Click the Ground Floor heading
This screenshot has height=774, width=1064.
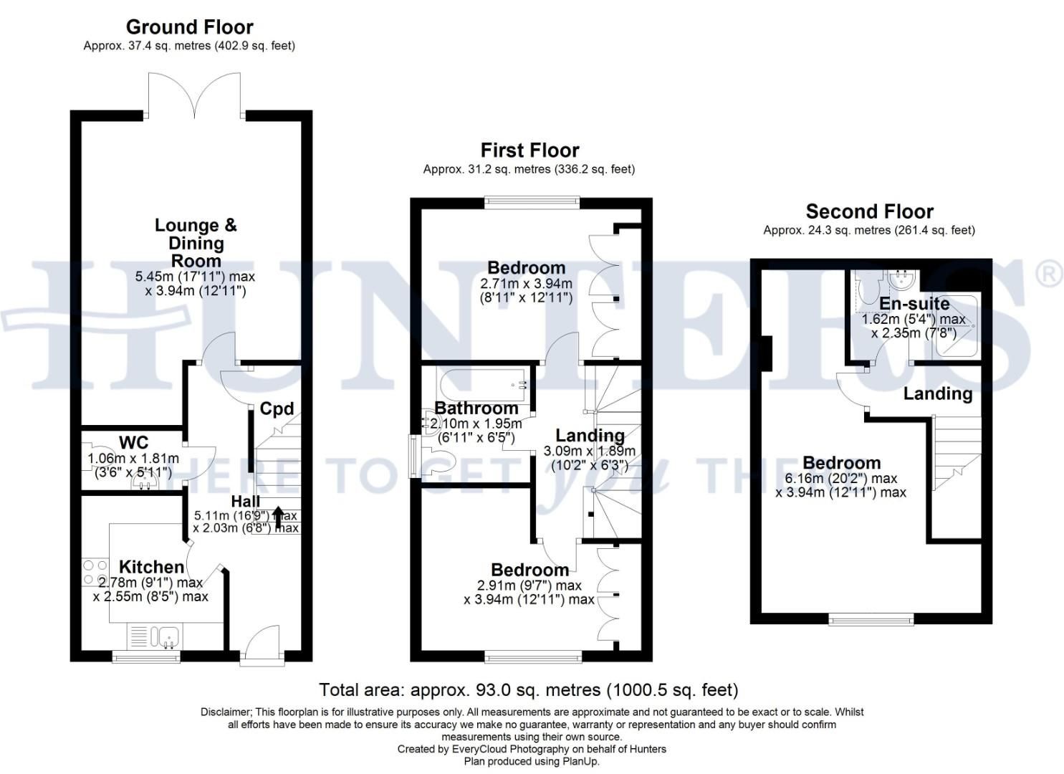[190, 27]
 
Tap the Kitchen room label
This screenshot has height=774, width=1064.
[151, 567]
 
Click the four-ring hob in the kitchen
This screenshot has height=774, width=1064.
[95, 573]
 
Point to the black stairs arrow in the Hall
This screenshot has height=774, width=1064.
[278, 518]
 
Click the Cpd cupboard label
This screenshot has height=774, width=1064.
[277, 408]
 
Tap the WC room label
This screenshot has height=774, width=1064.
[133, 442]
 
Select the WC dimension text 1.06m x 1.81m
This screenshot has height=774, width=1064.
[133, 459]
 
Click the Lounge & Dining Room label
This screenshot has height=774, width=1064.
[196, 243]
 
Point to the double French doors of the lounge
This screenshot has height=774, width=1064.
[195, 95]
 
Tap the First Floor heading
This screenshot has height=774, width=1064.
[529, 150]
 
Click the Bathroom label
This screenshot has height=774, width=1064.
[476, 408]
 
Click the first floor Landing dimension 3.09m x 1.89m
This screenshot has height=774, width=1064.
[590, 451]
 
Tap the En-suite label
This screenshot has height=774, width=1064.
[914, 303]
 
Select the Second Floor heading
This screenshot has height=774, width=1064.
[870, 211]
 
